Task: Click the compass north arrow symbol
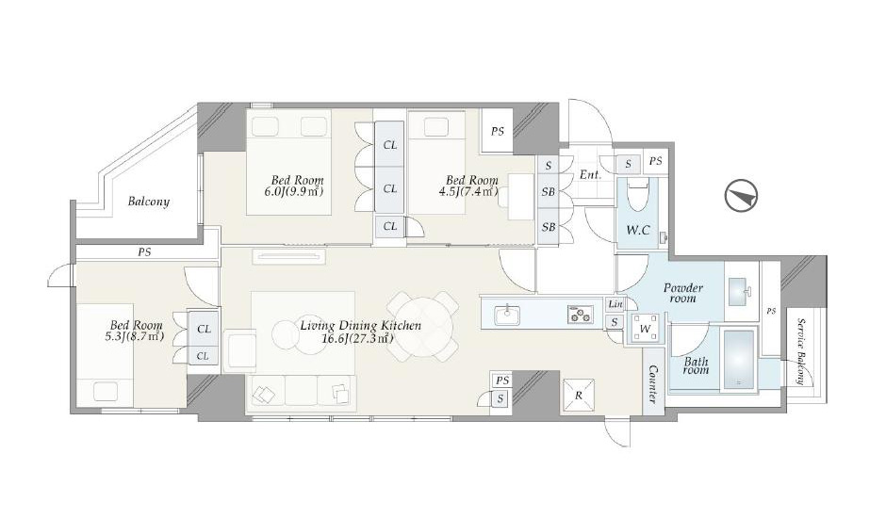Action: (x=741, y=196)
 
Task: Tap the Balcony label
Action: (x=149, y=202)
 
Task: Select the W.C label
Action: (x=637, y=230)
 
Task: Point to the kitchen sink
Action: (x=507, y=315)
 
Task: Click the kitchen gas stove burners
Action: (x=581, y=315)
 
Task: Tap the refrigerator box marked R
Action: (x=578, y=396)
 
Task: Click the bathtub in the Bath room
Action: (x=739, y=359)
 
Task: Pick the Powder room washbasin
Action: (x=740, y=291)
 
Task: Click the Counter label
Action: (x=653, y=384)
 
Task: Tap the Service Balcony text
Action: (x=800, y=350)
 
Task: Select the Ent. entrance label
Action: (x=590, y=174)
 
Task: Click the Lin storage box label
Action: (x=615, y=304)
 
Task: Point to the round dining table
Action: (x=422, y=325)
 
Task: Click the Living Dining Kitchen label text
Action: (x=360, y=325)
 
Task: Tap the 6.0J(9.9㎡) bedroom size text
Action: (x=294, y=191)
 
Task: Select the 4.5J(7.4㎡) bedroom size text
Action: (x=468, y=191)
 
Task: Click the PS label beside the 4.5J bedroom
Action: (x=498, y=131)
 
